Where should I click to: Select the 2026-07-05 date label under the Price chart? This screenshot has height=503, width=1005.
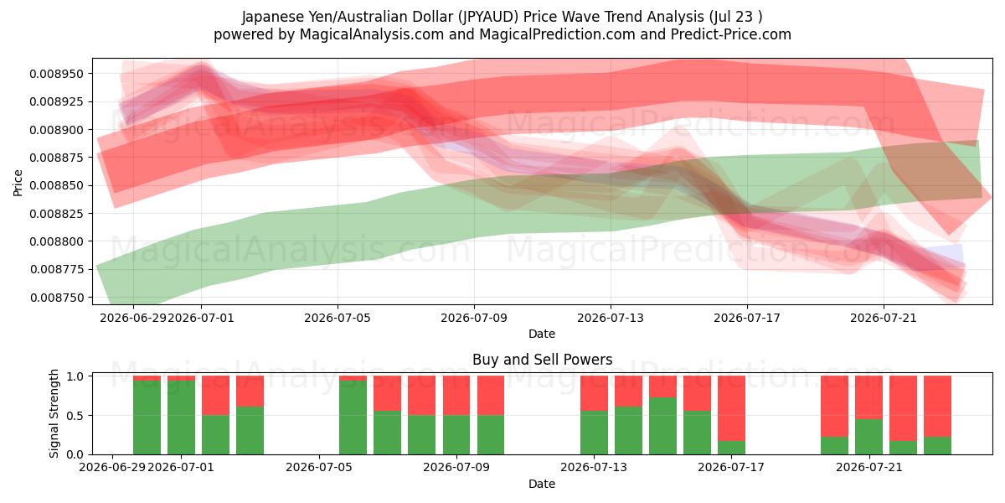[338, 318]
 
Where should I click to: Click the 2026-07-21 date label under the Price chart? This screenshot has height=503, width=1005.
[884, 318]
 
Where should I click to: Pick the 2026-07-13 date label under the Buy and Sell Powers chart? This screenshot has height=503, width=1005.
[594, 467]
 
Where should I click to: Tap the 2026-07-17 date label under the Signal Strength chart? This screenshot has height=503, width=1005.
[731, 467]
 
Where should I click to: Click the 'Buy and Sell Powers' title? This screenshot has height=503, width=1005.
[542, 360]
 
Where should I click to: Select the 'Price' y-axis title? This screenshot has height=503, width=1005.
[18, 183]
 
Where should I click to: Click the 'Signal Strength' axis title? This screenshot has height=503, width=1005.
[54, 413]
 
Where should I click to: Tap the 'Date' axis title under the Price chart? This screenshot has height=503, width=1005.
[542, 334]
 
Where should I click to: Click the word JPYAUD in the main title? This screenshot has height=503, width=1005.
[488, 17]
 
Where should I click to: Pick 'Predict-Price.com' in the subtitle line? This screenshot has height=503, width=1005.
[731, 34]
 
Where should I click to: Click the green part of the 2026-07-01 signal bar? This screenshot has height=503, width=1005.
[181, 417]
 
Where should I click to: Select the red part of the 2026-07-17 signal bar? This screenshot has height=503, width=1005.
[731, 408]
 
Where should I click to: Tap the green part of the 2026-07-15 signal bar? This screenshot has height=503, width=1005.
[662, 426]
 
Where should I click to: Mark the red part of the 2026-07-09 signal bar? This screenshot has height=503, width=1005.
[456, 395]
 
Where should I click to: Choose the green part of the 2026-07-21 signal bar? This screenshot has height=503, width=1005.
[868, 437]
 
